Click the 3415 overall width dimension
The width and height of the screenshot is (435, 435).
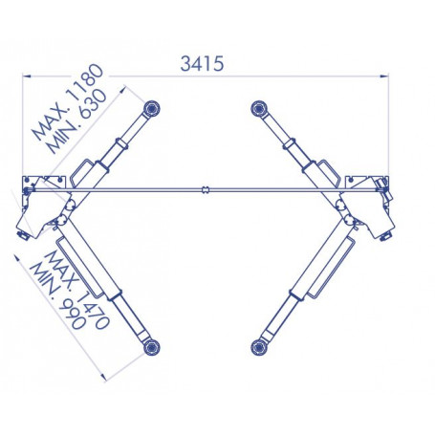(202, 63)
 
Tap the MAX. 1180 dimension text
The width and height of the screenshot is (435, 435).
(68, 102)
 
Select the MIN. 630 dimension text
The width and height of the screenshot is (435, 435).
(76, 121)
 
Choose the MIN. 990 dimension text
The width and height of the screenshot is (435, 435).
(57, 296)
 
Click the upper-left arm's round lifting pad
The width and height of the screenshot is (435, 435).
(151, 108)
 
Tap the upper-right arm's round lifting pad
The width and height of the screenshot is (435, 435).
(259, 108)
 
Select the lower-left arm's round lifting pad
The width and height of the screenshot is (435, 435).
(151, 347)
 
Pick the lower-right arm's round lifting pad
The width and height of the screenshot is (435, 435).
(259, 347)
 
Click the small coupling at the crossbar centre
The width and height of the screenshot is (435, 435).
(206, 190)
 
